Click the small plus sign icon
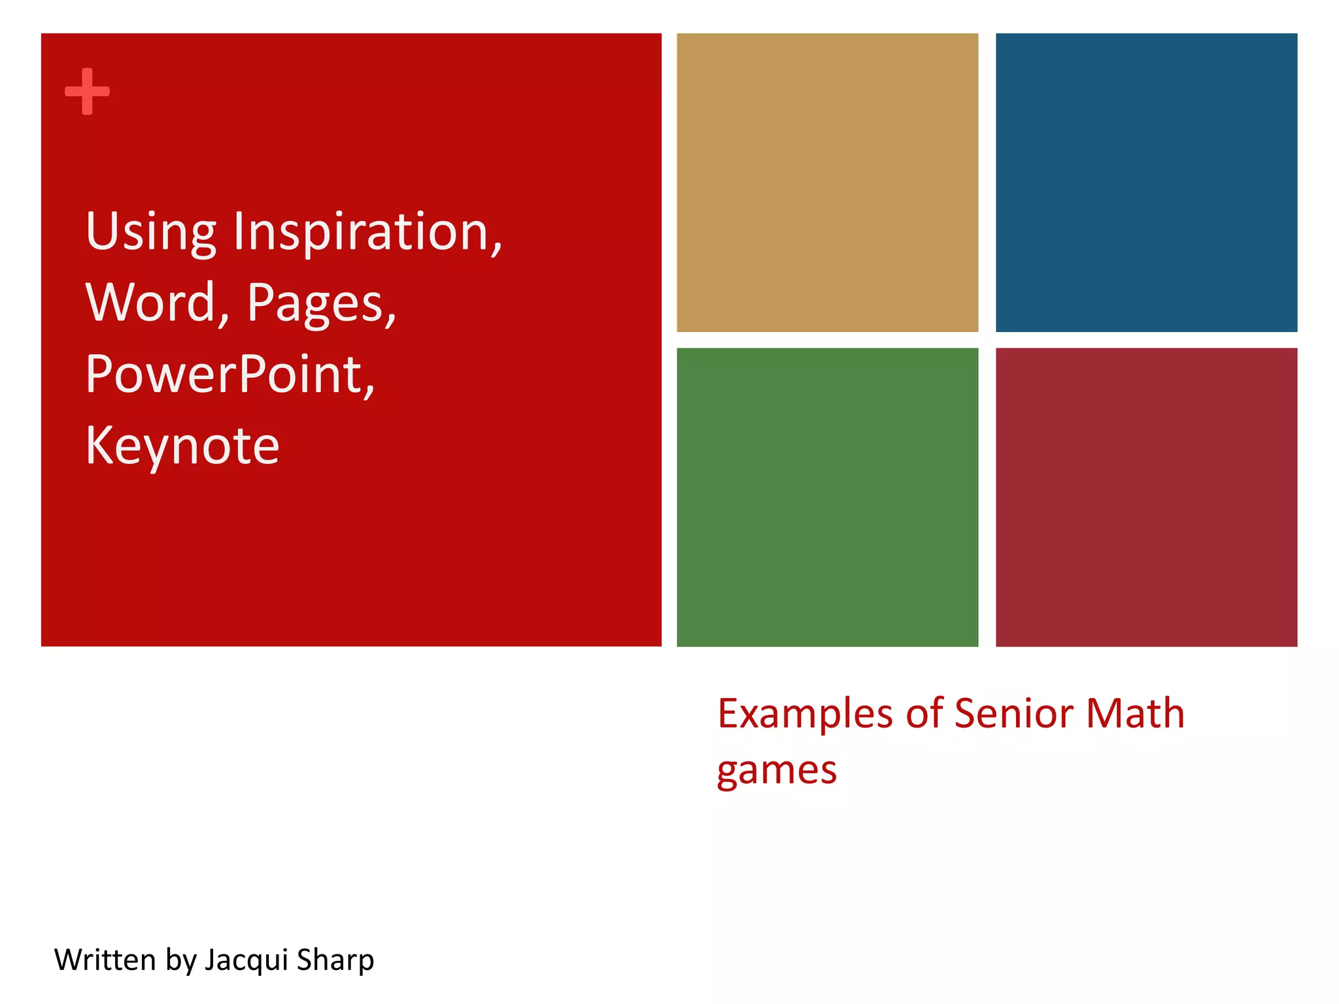87,92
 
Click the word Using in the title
150,232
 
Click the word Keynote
182,446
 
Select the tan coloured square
827,182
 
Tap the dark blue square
1146,182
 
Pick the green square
827,497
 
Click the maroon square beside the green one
1146,497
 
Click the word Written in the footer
105,960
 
